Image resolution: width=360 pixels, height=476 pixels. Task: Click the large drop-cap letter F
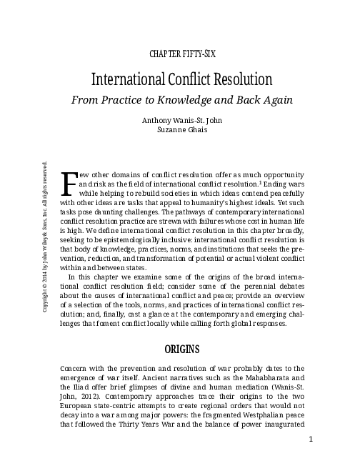(x=70, y=183)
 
